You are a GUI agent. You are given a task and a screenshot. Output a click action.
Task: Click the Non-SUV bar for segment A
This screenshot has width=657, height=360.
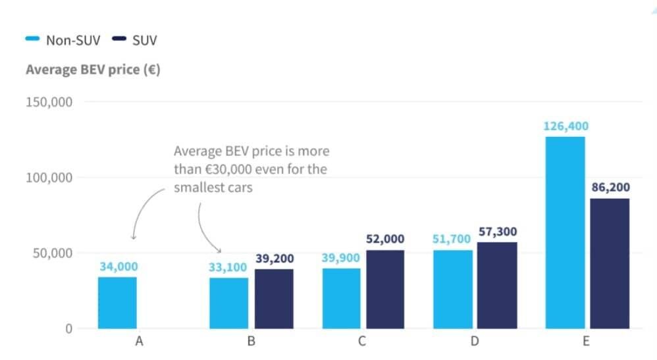[x=117, y=303]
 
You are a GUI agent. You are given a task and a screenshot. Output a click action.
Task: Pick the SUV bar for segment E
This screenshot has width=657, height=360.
[x=610, y=263]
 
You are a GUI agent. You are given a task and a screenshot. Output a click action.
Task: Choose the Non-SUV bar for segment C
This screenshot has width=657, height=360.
[x=341, y=298]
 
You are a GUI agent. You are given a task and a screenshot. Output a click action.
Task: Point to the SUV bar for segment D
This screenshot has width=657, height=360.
[x=497, y=285]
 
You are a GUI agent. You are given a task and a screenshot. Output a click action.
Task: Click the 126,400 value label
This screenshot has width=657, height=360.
[x=565, y=126]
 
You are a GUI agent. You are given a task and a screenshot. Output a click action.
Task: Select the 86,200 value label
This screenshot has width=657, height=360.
[x=610, y=188]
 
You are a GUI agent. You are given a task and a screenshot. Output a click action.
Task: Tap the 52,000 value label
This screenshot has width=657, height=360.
[x=385, y=239]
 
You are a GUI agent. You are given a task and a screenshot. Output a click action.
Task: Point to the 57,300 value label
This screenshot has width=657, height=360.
[x=497, y=232]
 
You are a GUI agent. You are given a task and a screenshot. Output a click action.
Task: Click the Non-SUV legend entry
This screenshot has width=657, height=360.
[x=63, y=40]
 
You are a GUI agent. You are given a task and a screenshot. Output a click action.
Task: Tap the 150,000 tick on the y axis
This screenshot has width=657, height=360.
[x=49, y=102]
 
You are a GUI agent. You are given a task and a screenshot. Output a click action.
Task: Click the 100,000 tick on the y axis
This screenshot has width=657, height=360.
[x=49, y=178]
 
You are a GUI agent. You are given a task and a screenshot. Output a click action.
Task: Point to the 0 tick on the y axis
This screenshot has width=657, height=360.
[x=68, y=328]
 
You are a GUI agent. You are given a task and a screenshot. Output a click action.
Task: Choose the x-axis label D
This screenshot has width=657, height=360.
[x=474, y=342]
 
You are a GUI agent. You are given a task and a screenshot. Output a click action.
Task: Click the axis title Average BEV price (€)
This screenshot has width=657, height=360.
[x=93, y=69]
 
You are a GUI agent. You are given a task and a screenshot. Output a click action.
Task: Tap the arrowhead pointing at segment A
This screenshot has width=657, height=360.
[x=134, y=237]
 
